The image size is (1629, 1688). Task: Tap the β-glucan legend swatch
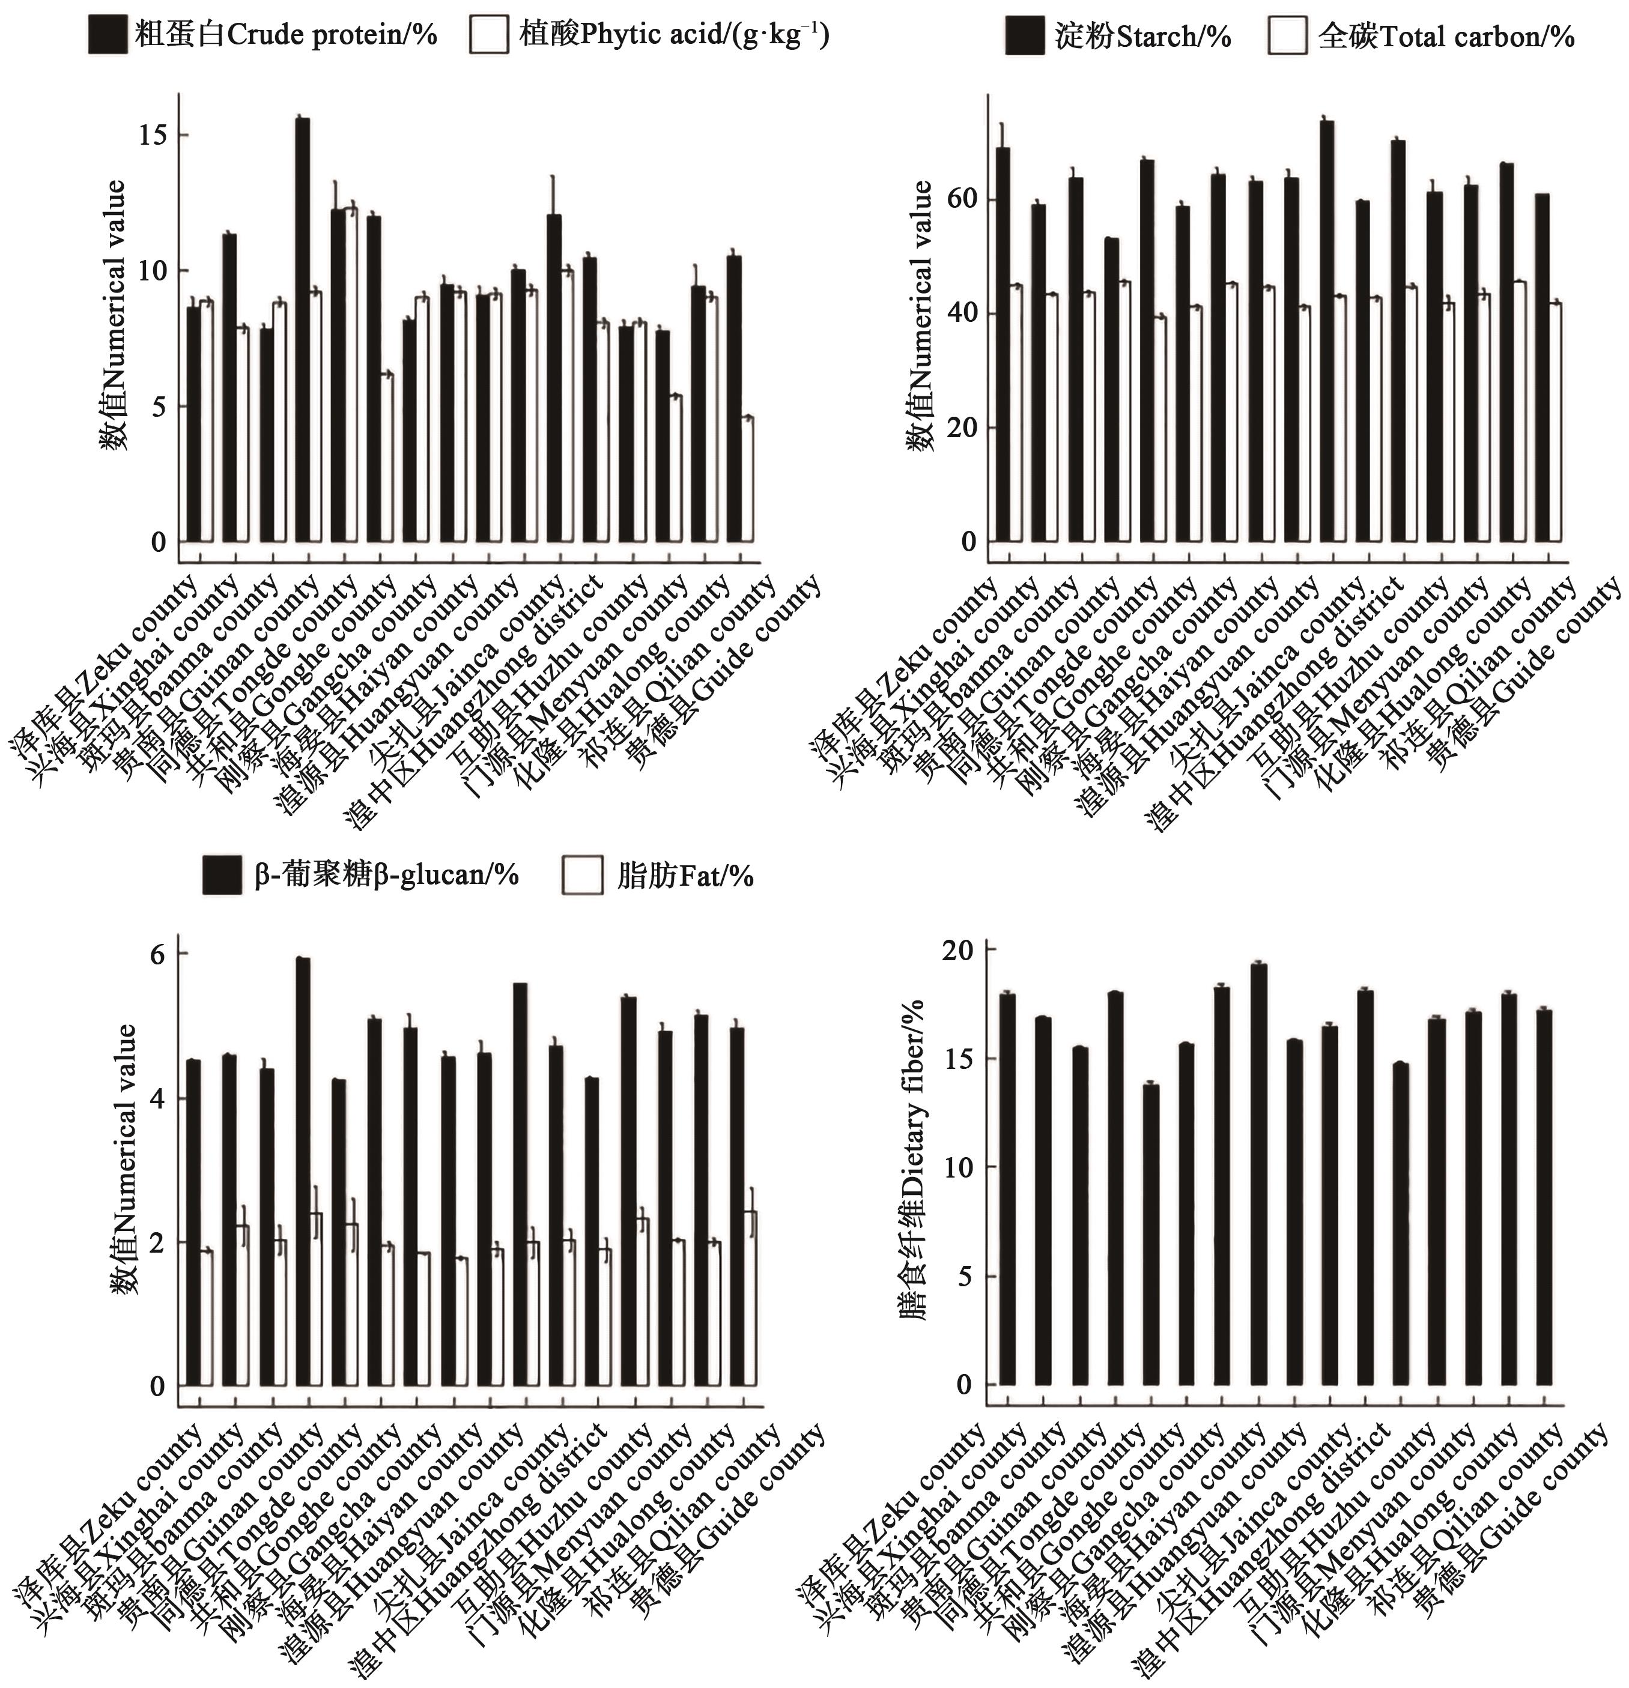click(x=222, y=875)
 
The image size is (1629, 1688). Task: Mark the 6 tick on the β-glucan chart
click(x=160, y=954)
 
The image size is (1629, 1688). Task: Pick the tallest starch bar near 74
click(x=1327, y=331)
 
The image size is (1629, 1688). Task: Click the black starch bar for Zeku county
click(x=1003, y=345)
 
